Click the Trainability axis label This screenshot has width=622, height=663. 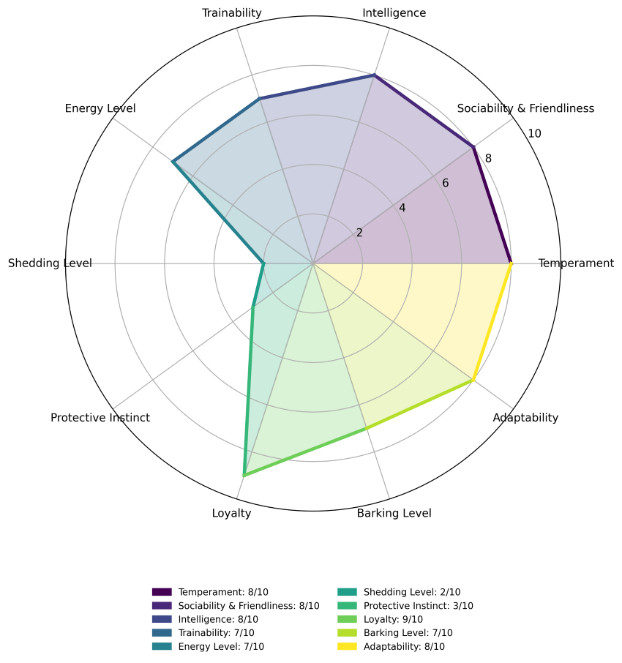pyautogui.click(x=232, y=13)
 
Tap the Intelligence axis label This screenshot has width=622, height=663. pyautogui.click(x=394, y=13)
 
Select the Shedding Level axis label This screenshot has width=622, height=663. pyautogui.click(x=50, y=263)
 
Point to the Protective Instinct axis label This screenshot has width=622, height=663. pyautogui.click(x=100, y=418)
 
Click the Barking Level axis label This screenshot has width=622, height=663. pyautogui.click(x=394, y=513)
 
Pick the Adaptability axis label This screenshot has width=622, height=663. pyautogui.click(x=525, y=418)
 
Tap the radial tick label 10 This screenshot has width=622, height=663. pyautogui.click(x=534, y=134)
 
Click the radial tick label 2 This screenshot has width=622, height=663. pyautogui.click(x=359, y=233)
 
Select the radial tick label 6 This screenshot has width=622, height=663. pyautogui.click(x=445, y=183)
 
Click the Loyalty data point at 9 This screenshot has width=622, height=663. pyautogui.click(x=244, y=476)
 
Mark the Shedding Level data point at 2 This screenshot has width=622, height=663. pyautogui.click(x=263, y=263)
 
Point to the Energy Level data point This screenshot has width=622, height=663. pyautogui.click(x=173, y=162)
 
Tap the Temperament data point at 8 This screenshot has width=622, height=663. pyautogui.click(x=511, y=263)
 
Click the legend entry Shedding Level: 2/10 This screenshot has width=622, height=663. pyautogui.click(x=399, y=593)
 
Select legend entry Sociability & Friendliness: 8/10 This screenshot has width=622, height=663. pyautogui.click(x=236, y=606)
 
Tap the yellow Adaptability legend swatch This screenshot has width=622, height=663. pyautogui.click(x=347, y=646)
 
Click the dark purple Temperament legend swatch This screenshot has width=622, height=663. pyautogui.click(x=162, y=592)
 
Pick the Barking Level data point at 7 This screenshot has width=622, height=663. pyautogui.click(x=366, y=428)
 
